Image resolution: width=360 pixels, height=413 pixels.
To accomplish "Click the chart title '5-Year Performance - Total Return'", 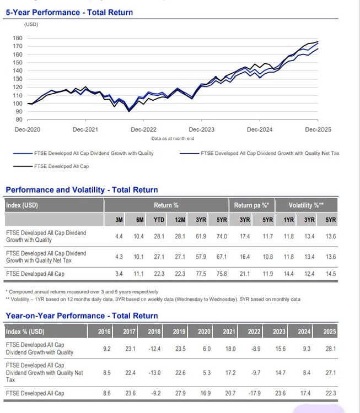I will tap(69, 12).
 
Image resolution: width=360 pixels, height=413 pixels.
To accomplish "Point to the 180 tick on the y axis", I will tap(18, 38).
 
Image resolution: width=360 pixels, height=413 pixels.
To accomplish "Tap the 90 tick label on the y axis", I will tap(19, 111).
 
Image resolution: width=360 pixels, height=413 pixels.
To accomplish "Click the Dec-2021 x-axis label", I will tap(85, 129).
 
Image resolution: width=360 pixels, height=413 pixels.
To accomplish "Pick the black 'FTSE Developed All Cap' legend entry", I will tap(61, 166).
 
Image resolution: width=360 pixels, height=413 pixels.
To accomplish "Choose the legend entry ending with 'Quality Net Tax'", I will tap(270, 153).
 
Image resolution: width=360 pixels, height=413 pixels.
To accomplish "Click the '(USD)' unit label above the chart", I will tap(31, 24).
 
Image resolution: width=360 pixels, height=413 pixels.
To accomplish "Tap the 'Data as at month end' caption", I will tap(173, 138).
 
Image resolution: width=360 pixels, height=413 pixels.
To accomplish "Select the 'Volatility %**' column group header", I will tap(306, 205).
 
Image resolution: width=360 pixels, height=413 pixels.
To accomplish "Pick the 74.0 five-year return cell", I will tap(222, 236).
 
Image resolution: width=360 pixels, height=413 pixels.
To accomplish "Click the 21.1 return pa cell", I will tap(244, 274).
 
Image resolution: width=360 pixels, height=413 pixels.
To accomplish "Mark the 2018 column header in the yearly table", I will tap(154, 332).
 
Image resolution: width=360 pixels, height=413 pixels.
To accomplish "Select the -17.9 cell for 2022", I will tap(255, 394).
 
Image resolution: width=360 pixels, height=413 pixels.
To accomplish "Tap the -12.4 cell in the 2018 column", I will tap(155, 349).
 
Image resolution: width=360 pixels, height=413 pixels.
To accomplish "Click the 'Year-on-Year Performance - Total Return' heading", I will tap(82, 316).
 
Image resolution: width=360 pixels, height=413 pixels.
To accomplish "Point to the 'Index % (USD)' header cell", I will tap(25, 332).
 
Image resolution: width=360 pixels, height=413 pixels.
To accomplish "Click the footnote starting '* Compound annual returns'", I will tap(82, 291).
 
